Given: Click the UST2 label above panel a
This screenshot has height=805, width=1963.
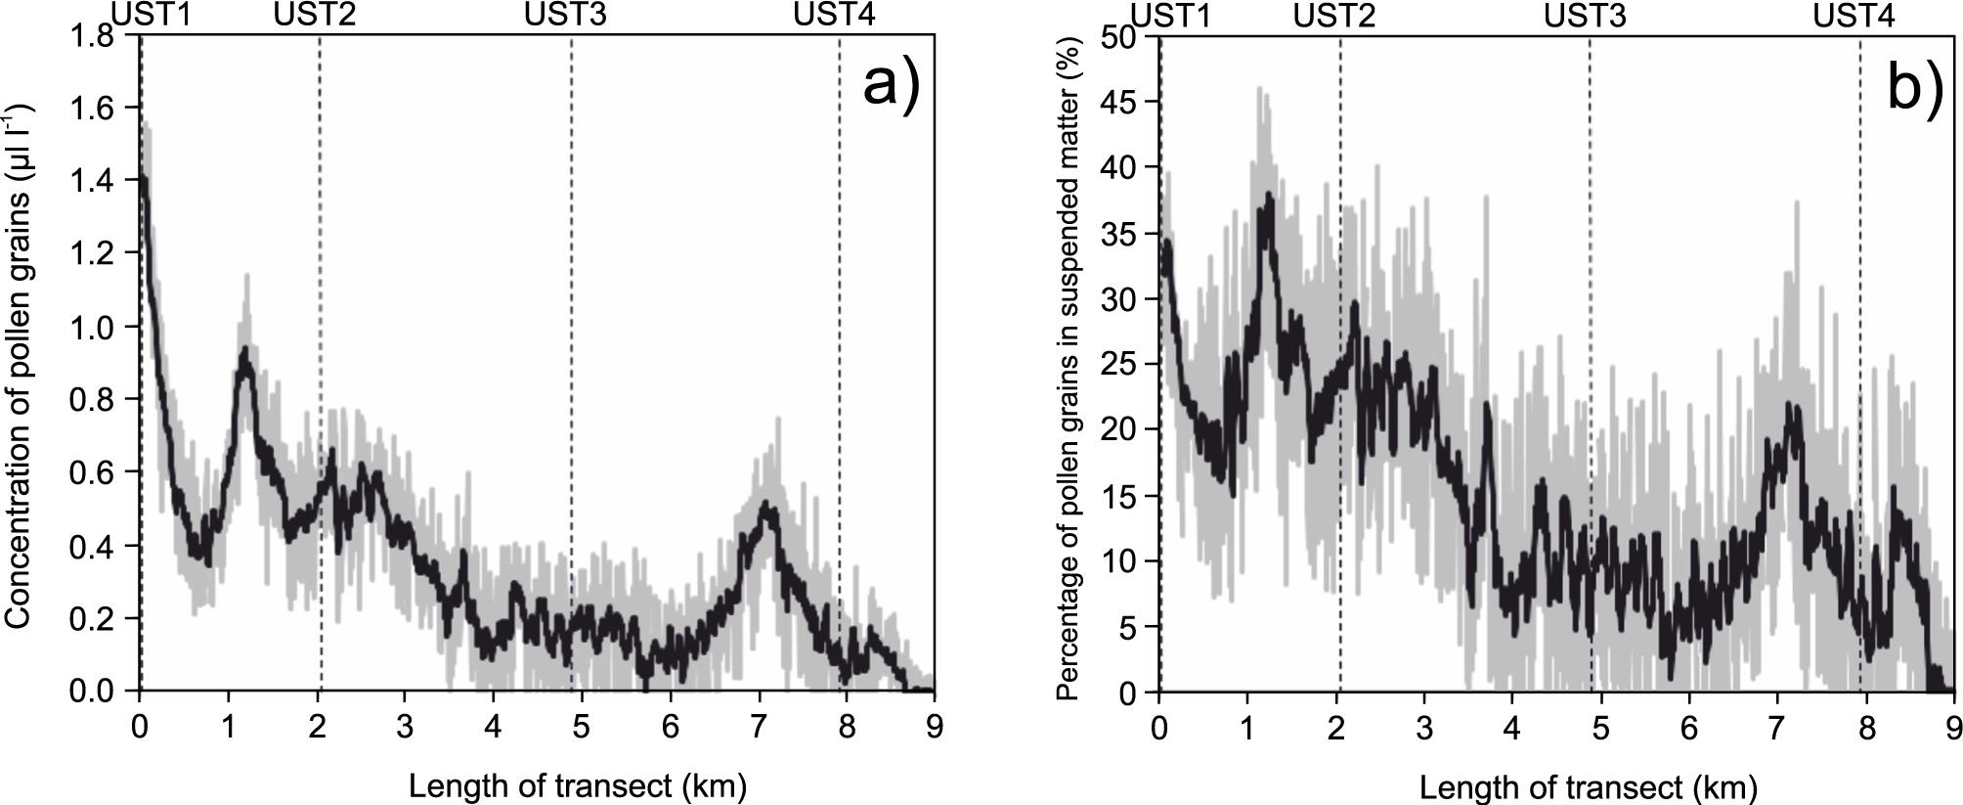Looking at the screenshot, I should click(x=315, y=15).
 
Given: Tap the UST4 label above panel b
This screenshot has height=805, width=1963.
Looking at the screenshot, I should click(x=1854, y=16).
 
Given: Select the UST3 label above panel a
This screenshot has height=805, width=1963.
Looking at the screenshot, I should click(x=565, y=15).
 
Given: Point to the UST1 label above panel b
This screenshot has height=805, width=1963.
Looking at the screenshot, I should click(x=1171, y=16).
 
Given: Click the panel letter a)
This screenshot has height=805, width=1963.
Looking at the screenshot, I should click(x=891, y=85).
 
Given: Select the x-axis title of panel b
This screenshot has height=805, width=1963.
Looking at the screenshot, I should click(x=1589, y=786).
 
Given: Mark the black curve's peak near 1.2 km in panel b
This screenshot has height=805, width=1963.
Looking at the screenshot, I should click(x=1269, y=195).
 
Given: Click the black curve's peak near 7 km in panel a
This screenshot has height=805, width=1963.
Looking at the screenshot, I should click(x=764, y=505).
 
